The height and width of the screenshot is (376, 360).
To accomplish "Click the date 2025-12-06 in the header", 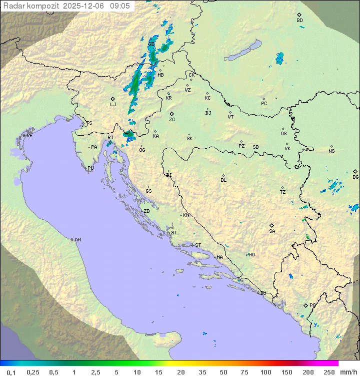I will (84, 6).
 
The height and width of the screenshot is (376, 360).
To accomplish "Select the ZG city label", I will (172, 120).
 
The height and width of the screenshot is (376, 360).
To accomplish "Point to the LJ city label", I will (113, 105).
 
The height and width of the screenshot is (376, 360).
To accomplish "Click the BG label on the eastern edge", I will (355, 177).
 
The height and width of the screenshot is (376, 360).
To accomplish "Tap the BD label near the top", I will (299, 21).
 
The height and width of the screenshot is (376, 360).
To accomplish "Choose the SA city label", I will (272, 231).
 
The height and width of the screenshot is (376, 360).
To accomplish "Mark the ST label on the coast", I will (198, 245).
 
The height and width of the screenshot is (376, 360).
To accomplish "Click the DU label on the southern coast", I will (262, 293).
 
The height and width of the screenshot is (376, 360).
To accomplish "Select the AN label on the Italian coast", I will (77, 240).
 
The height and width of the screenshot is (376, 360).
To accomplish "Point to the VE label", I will (29, 136).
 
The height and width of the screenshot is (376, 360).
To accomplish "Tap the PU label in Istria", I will (90, 168).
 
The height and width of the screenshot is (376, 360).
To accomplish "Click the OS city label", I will (283, 134).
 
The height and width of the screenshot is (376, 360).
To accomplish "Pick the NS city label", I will (331, 151).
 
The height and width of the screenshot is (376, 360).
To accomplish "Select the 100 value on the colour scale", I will (265, 372).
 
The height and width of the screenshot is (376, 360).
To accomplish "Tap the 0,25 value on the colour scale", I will (33, 372).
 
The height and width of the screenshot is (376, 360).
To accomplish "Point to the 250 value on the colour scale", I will (328, 372).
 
